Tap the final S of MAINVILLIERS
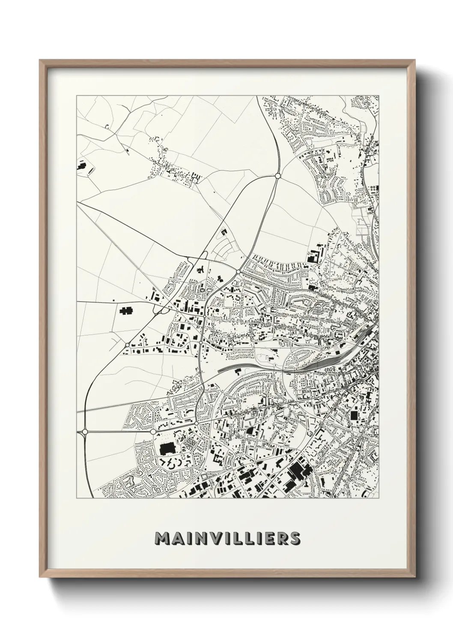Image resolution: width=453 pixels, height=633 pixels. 294,538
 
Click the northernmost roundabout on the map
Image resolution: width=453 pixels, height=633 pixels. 277,176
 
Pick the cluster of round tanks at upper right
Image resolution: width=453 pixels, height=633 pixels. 374,188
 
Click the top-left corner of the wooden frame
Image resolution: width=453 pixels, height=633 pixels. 40,60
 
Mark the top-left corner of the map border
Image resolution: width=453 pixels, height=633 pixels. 77,96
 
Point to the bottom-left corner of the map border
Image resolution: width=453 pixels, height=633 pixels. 77,498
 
